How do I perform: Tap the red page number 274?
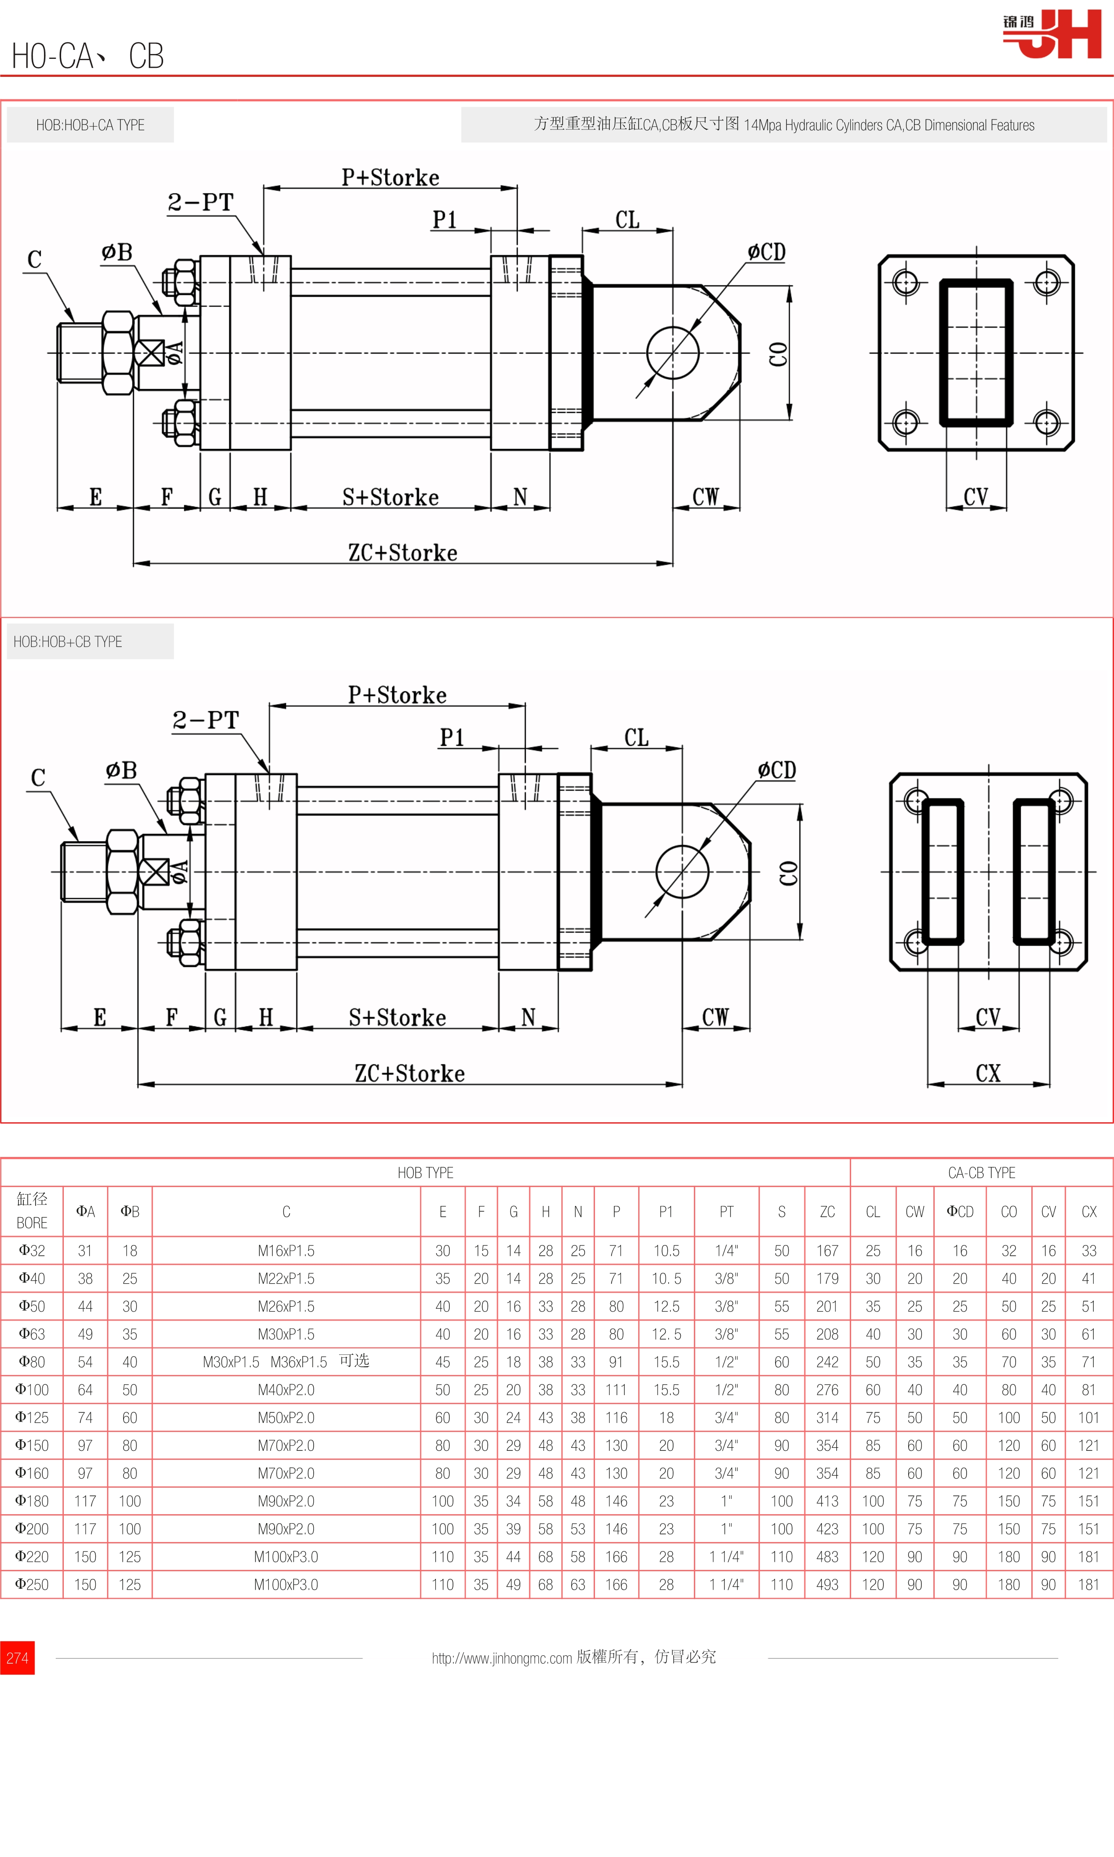[17, 1658]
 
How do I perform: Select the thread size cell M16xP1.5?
[286, 1250]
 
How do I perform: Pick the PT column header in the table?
[726, 1211]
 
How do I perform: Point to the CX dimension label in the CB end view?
[988, 1073]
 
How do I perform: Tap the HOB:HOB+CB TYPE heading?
[67, 642]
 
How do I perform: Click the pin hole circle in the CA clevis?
[673, 353]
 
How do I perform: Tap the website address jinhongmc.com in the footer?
[502, 1658]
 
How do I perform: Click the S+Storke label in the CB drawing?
[397, 1018]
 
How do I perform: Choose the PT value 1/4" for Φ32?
[726, 1250]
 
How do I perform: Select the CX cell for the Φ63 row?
[1088, 1334]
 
